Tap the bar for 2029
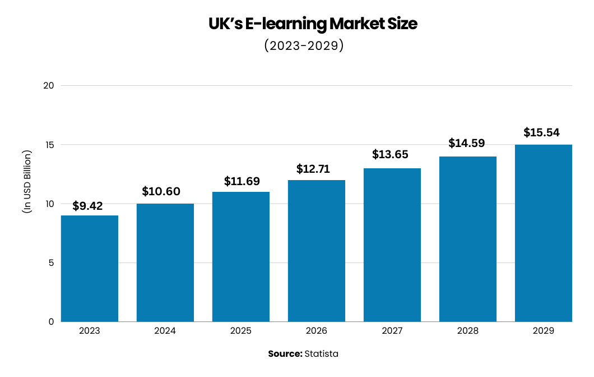coord(544,233)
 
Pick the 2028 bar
coord(468,239)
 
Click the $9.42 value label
coord(87,206)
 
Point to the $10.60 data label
coord(161,192)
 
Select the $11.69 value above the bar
coord(242,181)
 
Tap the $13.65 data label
coord(391,154)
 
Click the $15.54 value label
coord(542,133)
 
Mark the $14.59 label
coord(467,143)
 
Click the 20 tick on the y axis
coord(49,86)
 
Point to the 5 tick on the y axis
coord(50,263)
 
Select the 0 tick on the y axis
coord(50,321)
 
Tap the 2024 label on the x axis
coord(165,331)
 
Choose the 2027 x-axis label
coord(392,331)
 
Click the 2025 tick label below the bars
coord(241,331)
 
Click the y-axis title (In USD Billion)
coord(27,180)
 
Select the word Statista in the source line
coord(321,354)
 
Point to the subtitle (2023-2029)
coord(303,46)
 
